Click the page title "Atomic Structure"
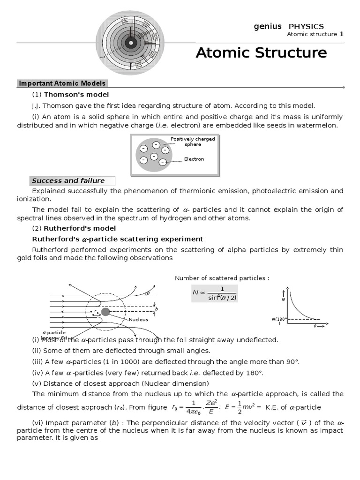pos(261,52)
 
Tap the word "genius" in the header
pos(268,26)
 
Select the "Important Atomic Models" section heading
pos(62,83)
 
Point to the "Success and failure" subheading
pos(68,180)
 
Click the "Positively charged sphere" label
pos(193,142)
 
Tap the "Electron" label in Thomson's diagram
pos(194,159)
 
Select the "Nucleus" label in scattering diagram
pos(139,319)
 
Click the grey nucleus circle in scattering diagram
pos(106,312)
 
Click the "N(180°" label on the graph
pos(278,319)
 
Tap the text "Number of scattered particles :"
pos(222,278)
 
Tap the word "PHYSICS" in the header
pos(306,26)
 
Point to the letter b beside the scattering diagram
pos(157,309)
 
